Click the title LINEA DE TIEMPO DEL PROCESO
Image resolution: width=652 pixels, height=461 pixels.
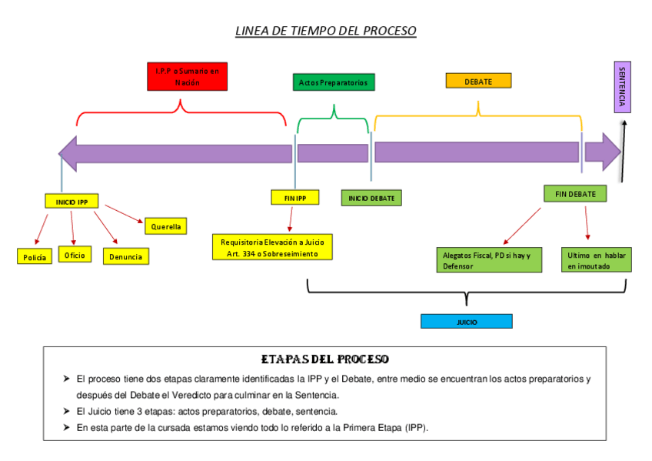tap(325, 32)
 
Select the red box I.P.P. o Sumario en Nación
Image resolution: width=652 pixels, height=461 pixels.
tap(187, 76)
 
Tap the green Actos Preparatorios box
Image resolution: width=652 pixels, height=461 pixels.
tap(334, 82)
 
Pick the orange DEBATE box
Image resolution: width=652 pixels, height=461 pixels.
tap(478, 81)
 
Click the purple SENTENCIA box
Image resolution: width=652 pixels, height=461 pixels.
tap(622, 87)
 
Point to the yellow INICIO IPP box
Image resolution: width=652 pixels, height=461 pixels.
tap(72, 202)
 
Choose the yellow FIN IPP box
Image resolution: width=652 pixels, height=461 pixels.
tap(294, 198)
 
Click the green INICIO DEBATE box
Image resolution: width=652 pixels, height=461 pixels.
tap(371, 199)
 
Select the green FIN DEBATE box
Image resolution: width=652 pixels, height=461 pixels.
tap(575, 194)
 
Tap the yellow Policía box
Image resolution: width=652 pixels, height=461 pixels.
tap(35, 257)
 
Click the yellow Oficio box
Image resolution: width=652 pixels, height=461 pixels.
tap(75, 254)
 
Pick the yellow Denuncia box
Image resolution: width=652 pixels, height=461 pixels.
tap(126, 256)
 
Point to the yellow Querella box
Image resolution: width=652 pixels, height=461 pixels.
tap(166, 226)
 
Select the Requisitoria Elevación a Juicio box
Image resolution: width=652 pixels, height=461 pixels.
tap(272, 248)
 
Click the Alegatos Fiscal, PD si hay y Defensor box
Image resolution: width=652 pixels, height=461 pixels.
tap(491, 260)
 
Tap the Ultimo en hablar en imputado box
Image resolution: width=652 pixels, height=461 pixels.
tap(597, 260)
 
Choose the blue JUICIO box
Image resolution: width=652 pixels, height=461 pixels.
tap(466, 322)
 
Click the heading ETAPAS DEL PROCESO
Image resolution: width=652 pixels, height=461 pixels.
tap(325, 359)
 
